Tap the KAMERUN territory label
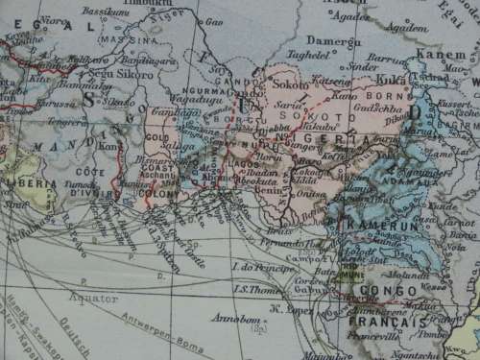[379, 224]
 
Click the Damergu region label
[330, 42]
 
